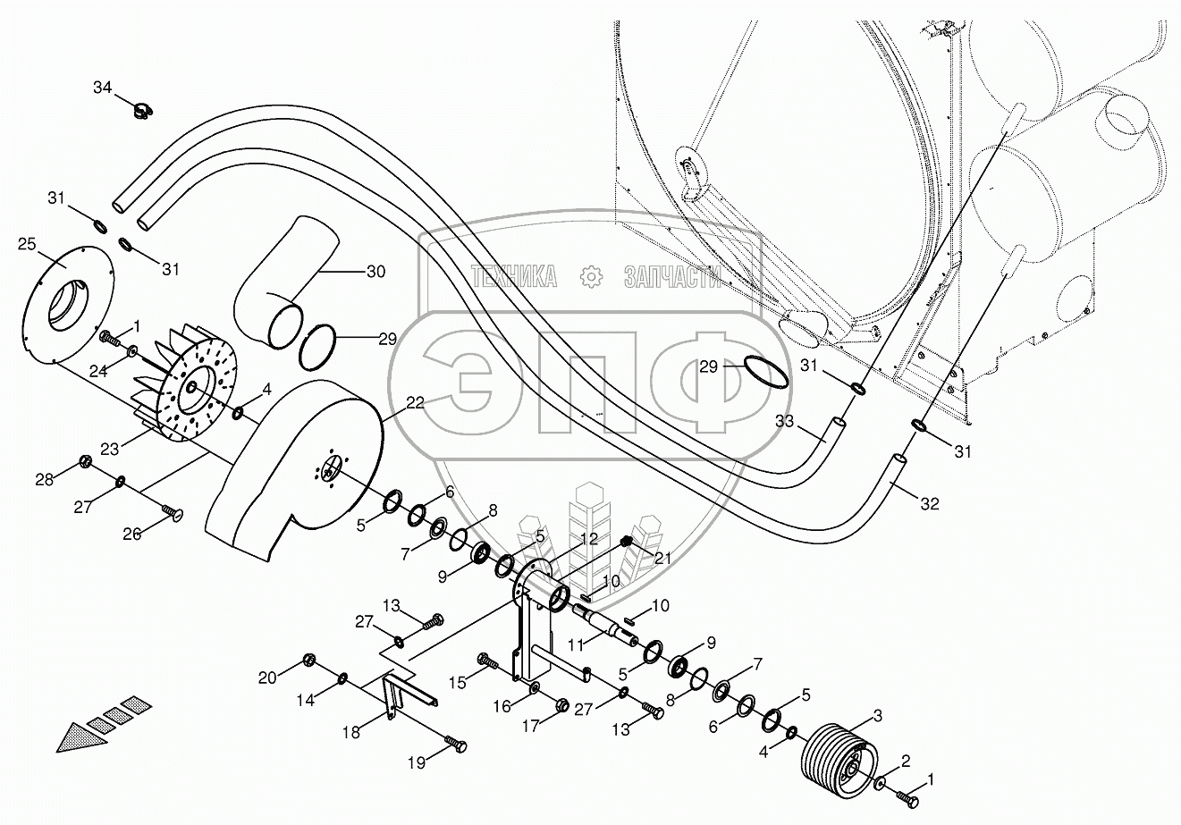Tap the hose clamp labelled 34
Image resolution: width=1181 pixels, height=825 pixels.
tap(140, 111)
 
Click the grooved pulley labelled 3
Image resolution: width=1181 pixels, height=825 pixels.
tap(829, 758)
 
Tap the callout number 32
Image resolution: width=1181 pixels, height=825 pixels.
tap(930, 504)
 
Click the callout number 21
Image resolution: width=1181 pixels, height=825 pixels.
tap(662, 558)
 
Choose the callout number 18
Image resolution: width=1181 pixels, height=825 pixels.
tap(351, 731)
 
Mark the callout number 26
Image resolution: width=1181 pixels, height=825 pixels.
tap(133, 535)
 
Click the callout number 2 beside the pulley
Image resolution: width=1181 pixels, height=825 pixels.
tap(906, 762)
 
